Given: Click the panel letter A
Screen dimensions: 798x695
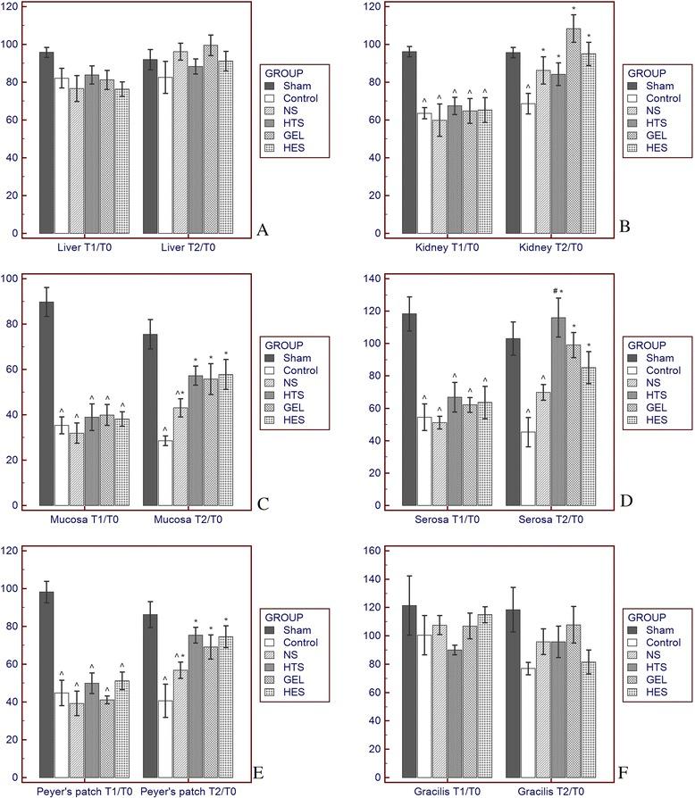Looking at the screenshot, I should pos(262,230).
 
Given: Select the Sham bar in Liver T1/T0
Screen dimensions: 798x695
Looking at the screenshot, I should pos(46,143).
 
